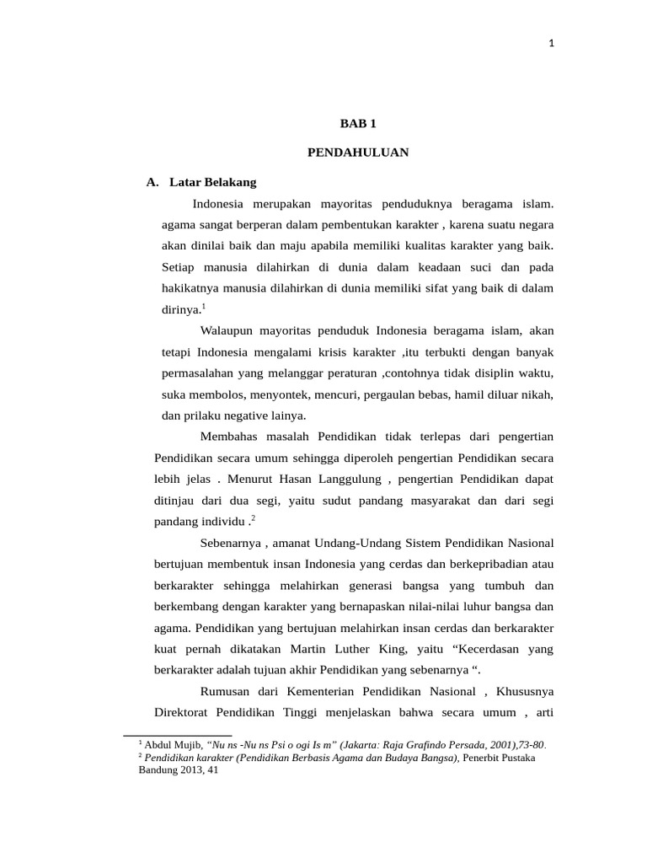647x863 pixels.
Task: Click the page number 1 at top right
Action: tap(550, 45)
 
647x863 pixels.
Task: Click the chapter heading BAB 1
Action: tap(357, 123)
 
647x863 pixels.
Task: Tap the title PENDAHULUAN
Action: tap(357, 153)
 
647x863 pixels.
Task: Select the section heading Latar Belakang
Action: tap(212, 181)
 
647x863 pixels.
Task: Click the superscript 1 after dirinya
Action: tap(203, 305)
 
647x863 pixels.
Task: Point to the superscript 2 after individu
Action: tap(253, 517)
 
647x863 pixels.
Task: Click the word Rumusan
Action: tap(227, 691)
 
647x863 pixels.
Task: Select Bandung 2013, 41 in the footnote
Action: tap(178, 770)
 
